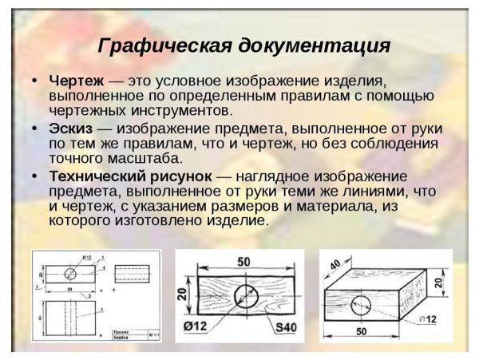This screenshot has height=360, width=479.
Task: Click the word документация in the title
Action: pyautogui.click(x=315, y=45)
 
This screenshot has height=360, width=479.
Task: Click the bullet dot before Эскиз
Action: pyautogui.click(x=35, y=128)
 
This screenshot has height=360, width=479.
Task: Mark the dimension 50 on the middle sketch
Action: pyautogui.click(x=243, y=263)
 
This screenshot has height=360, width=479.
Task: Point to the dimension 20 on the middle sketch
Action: pyautogui.click(x=184, y=295)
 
